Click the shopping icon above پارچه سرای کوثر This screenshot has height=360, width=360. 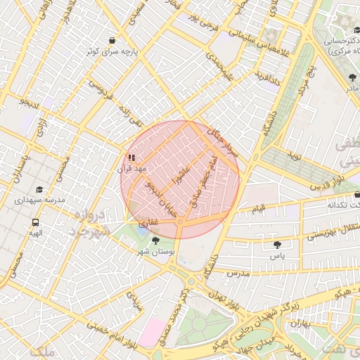113,41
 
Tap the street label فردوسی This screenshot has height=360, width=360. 101,89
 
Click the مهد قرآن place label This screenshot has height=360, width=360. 131,169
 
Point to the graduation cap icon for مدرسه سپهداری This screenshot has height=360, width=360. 39,189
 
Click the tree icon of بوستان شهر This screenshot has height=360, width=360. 155,240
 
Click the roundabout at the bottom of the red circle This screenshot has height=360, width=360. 180,222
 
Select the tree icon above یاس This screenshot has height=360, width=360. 276,245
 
